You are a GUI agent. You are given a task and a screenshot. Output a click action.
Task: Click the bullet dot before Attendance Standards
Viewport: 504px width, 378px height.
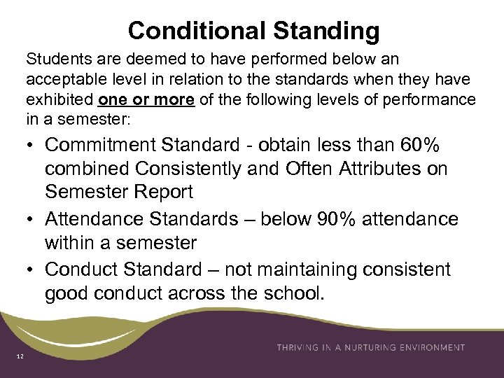pyautogui.click(x=31, y=220)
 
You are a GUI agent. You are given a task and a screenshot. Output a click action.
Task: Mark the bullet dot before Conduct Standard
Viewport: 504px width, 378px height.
pyautogui.click(x=31, y=269)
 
